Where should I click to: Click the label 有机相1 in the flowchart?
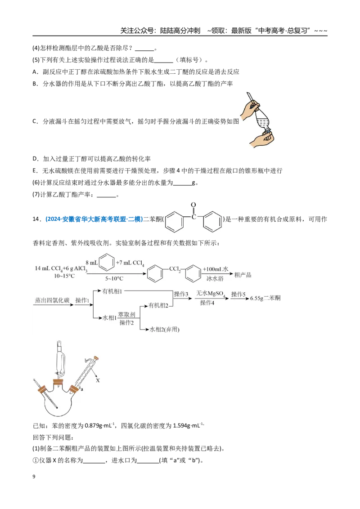point(112,291)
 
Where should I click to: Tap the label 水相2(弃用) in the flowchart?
point(164,330)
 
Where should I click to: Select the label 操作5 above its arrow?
point(238,294)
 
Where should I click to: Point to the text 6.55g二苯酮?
point(265,298)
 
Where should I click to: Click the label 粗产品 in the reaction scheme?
point(243,275)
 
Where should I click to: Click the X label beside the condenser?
point(98,380)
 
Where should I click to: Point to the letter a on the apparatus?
point(81,389)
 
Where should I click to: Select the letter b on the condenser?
point(86,360)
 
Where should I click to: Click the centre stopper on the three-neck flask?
point(58,382)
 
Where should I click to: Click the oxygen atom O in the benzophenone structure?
point(193,205)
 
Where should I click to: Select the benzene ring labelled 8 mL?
point(107,263)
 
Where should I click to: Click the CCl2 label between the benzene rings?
point(175,269)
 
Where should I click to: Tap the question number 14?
point(36,219)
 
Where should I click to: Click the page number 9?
point(34,477)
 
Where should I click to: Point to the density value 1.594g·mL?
point(186,425)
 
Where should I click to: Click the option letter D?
point(35,159)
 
